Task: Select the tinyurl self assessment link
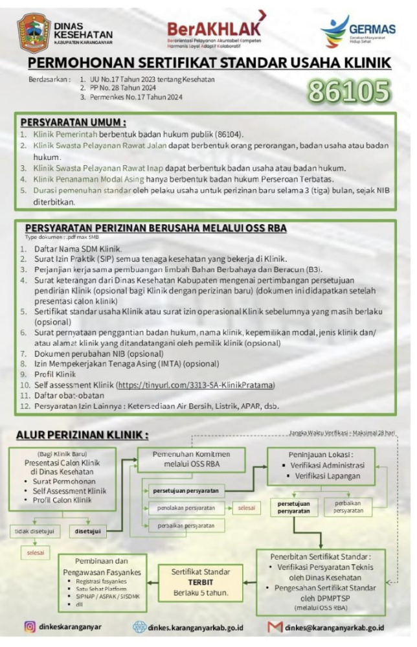point(195,385)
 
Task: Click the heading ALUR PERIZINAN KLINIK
point(82,434)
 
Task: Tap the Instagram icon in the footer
point(30,627)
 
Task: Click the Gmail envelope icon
point(275,627)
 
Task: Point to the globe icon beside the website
point(140,627)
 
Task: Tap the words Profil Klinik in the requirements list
point(56,374)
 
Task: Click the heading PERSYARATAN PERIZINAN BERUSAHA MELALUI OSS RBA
point(155,228)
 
